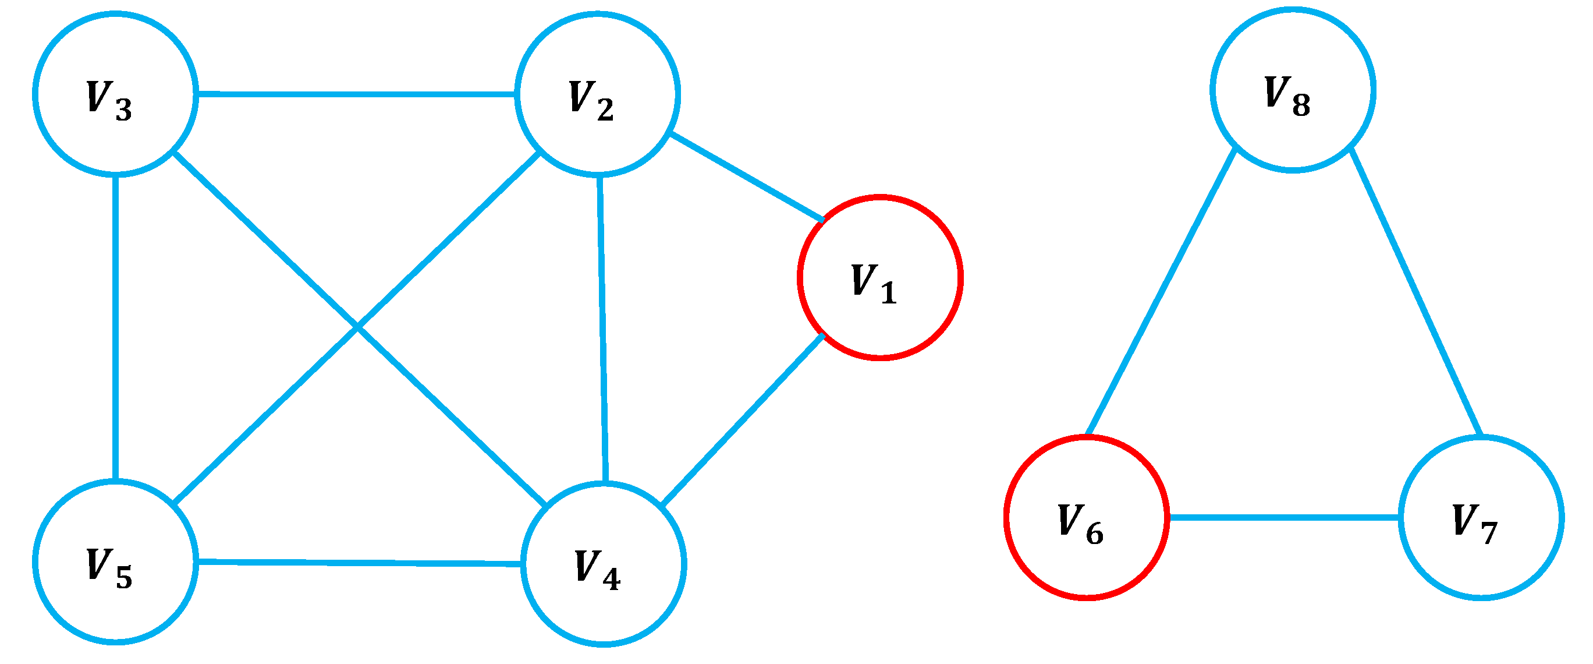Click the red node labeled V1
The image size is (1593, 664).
tap(879, 277)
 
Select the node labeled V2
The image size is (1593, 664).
tap(597, 93)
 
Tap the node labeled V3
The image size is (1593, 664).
tap(116, 94)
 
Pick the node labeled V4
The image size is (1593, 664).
tap(603, 564)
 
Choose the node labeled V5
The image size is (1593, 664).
tap(116, 561)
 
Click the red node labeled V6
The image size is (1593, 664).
tap(1087, 517)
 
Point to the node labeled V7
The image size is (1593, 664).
tap(1481, 517)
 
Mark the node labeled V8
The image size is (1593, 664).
tap(1293, 90)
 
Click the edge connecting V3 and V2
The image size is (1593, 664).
tap(356, 94)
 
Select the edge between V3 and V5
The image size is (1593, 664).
tap(116, 328)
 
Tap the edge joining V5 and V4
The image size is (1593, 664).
tap(359, 563)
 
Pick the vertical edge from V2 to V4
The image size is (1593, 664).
tap(602, 328)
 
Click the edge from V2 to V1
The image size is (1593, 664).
tap(747, 176)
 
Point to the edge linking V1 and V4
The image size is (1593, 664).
tap(742, 419)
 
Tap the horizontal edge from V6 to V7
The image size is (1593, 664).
tap(1285, 517)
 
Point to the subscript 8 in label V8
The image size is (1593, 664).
tap(1301, 106)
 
